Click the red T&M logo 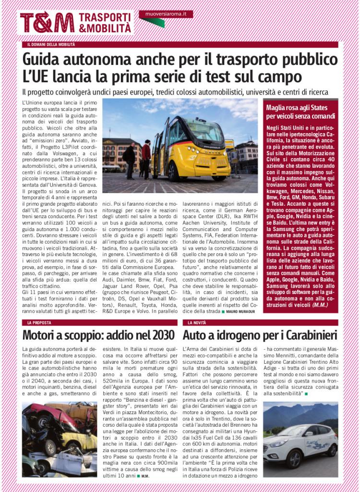click(47, 22)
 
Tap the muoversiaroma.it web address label click(166, 14)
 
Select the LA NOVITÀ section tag click(197, 322)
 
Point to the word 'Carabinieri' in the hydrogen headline click(308, 335)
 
